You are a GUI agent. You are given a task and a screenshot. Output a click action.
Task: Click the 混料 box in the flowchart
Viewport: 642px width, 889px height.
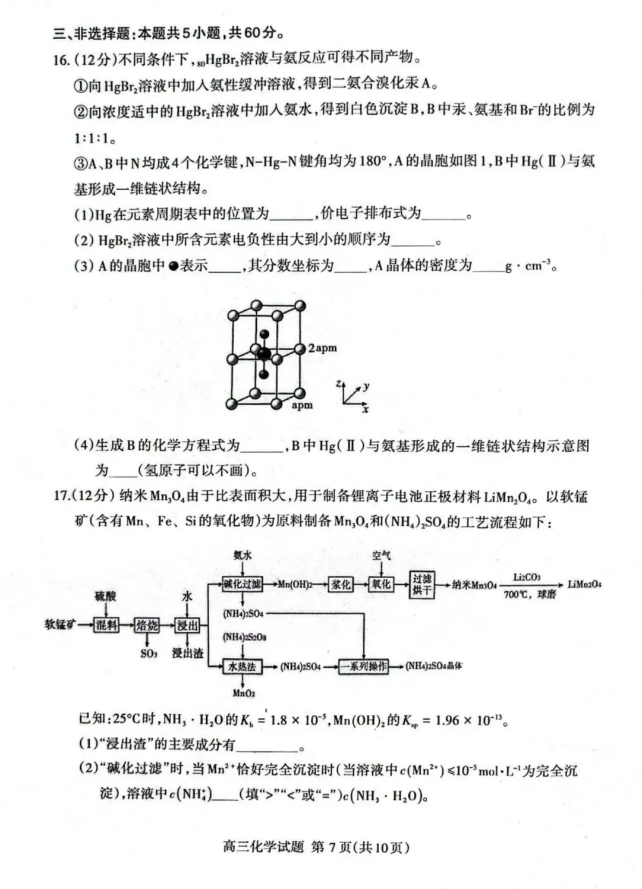pyautogui.click(x=106, y=625)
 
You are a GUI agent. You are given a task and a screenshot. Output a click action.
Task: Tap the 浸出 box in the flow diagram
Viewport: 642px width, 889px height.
pyautogui.click(x=187, y=625)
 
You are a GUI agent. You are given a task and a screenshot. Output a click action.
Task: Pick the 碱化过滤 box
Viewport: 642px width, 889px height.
pyautogui.click(x=242, y=584)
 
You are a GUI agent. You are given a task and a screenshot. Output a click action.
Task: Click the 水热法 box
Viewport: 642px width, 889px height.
pyautogui.click(x=242, y=667)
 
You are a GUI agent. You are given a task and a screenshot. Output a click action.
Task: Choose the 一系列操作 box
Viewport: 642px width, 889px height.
pyautogui.click(x=363, y=667)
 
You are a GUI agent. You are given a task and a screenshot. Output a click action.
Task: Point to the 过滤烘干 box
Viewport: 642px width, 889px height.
pyautogui.click(x=422, y=584)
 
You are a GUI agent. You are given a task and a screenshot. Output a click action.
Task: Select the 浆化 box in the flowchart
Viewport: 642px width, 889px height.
pyautogui.click(x=341, y=584)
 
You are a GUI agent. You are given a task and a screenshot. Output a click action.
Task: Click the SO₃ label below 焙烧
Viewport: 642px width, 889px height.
pyautogui.click(x=149, y=653)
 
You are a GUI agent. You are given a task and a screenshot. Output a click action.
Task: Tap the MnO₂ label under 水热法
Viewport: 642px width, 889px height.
pyautogui.click(x=244, y=693)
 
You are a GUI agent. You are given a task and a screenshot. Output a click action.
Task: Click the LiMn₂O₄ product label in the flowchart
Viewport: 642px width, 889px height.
pyautogui.click(x=584, y=584)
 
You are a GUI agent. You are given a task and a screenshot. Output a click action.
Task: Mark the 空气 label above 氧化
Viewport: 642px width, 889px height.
pyautogui.click(x=381, y=556)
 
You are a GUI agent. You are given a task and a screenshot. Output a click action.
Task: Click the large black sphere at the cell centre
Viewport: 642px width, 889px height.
pyautogui.click(x=264, y=355)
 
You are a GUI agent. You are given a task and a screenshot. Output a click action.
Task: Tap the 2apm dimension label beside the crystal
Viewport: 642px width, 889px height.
pyautogui.click(x=322, y=348)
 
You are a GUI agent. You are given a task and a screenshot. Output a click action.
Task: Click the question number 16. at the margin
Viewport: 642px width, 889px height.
pyautogui.click(x=61, y=59)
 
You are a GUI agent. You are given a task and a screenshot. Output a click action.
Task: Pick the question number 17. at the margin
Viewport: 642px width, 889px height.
pyautogui.click(x=62, y=496)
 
